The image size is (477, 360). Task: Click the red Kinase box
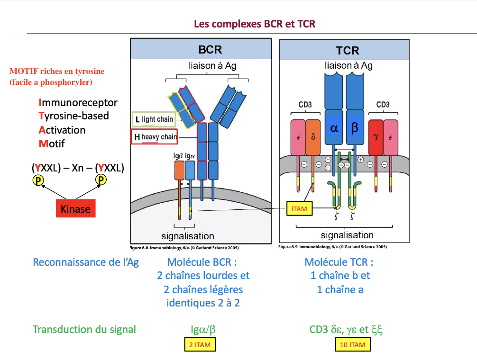tap(76, 208)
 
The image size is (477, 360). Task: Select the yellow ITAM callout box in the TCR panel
tap(299, 209)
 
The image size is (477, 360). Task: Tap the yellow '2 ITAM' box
tap(200, 344)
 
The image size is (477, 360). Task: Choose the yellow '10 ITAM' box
tap(353, 344)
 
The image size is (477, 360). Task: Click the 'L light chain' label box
tap(154, 119)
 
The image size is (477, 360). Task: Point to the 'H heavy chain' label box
tap(155, 137)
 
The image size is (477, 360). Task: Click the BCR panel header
tap(201, 49)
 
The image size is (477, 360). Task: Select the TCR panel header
tap(344, 50)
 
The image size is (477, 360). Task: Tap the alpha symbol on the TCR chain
tap(334, 128)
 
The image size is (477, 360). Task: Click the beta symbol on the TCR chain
tap(355, 128)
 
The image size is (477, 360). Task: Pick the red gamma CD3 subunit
tap(376, 137)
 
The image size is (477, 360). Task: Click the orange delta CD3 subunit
tap(313, 137)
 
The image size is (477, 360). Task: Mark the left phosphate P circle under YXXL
tap(38, 180)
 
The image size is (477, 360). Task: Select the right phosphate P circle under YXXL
tap(101, 180)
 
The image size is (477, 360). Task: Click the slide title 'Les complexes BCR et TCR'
tap(255, 24)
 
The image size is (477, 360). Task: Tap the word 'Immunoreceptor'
tap(78, 103)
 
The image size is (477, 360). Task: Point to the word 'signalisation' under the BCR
tap(188, 236)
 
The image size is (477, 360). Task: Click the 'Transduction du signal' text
tap(84, 329)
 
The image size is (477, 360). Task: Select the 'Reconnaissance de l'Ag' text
tap(86, 262)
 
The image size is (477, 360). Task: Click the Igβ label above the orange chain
tap(178, 156)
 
